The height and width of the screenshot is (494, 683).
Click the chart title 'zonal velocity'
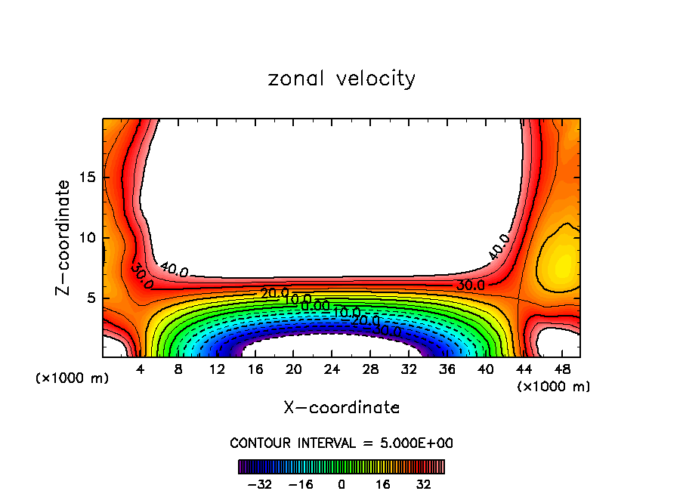tap(341, 79)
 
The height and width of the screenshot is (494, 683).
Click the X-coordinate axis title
tap(341, 408)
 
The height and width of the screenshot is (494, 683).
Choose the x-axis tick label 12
tap(217, 369)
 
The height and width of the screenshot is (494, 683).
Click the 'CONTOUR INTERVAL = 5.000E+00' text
tap(341, 443)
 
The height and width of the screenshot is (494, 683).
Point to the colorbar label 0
tap(341, 483)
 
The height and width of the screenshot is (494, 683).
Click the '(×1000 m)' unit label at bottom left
tap(73, 378)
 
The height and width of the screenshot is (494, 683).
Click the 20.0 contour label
tap(275, 293)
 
